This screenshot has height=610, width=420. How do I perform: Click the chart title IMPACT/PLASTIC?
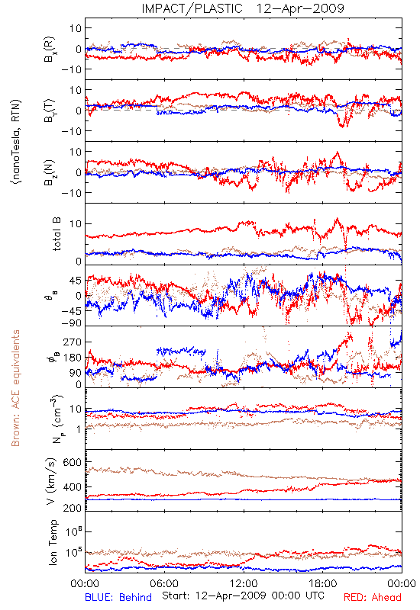tap(192, 8)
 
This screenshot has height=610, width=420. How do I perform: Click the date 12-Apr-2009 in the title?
tap(300, 8)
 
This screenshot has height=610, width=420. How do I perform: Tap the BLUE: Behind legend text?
tap(118, 597)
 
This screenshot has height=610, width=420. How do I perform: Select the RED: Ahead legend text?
tap(373, 597)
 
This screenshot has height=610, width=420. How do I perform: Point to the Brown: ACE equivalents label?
tap(15, 388)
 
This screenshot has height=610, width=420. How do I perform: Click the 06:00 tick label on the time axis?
tap(164, 583)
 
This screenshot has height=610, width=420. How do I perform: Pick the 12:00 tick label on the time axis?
tap(244, 583)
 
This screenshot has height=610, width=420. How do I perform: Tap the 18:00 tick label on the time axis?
tap(323, 583)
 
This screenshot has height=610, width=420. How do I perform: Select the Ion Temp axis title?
tap(53, 542)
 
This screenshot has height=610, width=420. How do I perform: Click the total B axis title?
tap(56, 234)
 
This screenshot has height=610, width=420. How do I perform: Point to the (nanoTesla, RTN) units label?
tap(16, 142)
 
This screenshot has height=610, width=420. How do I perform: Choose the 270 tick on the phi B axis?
tap(73, 342)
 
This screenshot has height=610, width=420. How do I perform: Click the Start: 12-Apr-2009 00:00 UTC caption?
tap(243, 596)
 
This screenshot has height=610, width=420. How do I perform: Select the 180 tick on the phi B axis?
tap(73, 358)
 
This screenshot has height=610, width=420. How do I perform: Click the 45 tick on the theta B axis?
tap(76, 281)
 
